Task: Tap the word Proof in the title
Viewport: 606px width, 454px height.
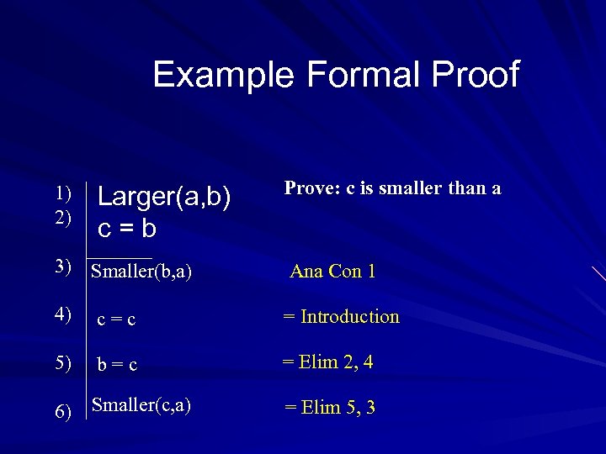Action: coord(477,75)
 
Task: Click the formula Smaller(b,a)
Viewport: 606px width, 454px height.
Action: coord(141,272)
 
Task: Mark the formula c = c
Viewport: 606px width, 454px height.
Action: coord(117,320)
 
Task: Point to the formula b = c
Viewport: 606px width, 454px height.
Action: coord(117,366)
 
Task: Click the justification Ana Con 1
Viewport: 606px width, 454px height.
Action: coord(332,272)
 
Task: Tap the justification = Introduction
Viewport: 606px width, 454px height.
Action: coord(341,317)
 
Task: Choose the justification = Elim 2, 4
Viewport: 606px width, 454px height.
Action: coord(327,362)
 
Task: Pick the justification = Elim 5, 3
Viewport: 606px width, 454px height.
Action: coord(330,408)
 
